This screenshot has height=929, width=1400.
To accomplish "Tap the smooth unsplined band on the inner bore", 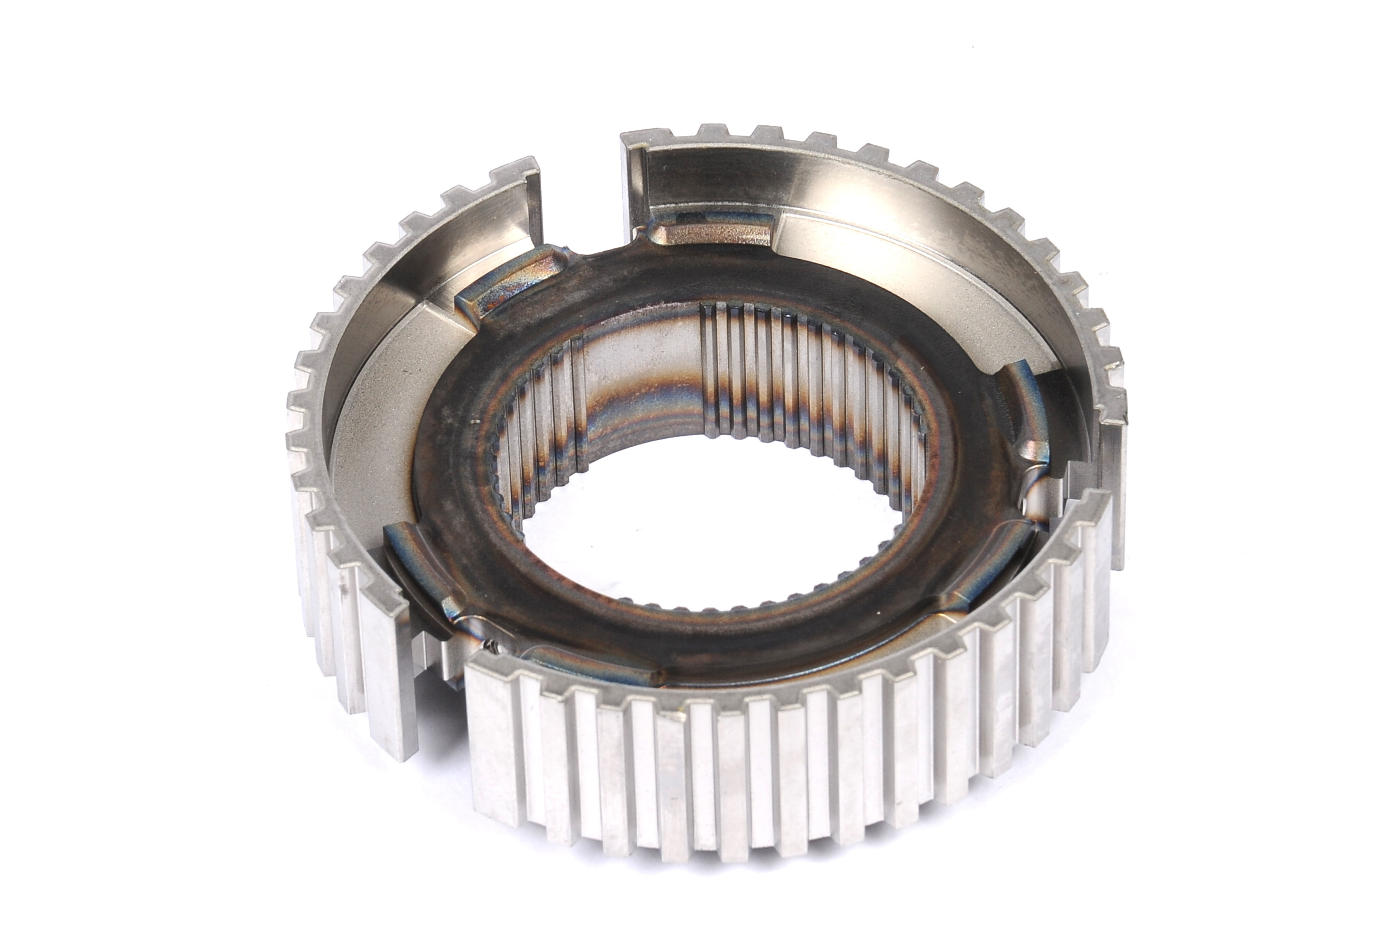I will point(640,379).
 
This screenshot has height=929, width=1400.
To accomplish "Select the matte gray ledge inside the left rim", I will point(379,427).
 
